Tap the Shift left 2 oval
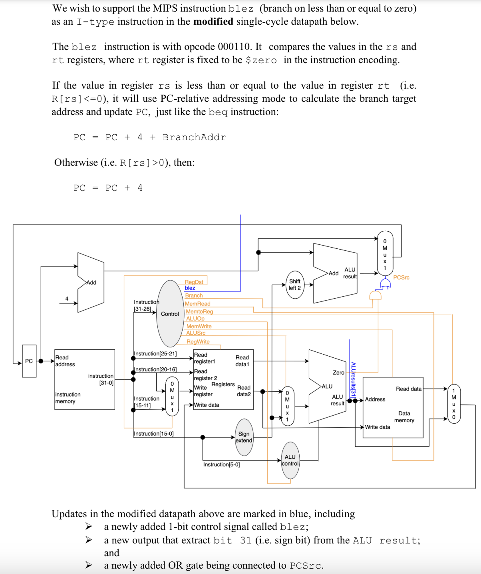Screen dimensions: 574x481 click(295, 285)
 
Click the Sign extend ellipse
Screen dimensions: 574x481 click(244, 437)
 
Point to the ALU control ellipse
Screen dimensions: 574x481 click(290, 460)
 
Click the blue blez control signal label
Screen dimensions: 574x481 click(190, 288)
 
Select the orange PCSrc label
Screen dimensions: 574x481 click(401, 278)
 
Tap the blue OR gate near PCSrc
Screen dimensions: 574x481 click(385, 284)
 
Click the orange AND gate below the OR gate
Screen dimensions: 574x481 click(375, 295)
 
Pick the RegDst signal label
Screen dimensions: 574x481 click(194, 282)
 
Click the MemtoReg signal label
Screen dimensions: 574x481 click(199, 311)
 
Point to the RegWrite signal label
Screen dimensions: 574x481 click(198, 341)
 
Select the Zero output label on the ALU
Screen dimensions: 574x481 click(338, 372)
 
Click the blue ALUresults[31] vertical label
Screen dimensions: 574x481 click(353, 380)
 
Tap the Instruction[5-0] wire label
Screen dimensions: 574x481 click(222, 464)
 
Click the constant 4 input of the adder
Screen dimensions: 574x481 click(67, 298)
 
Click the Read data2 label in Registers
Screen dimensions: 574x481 click(244, 391)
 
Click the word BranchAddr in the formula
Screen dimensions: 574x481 click(194, 137)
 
